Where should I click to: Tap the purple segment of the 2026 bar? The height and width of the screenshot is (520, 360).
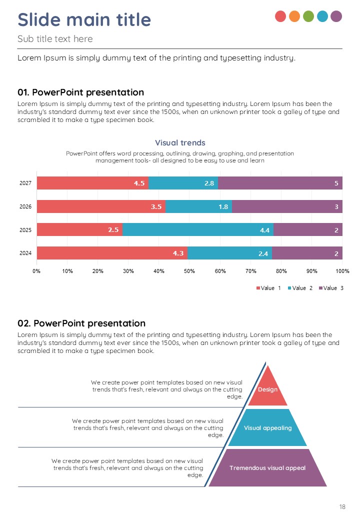pyautogui.click(x=287, y=206)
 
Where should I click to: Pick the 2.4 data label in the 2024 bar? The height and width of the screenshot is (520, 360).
pyautogui.click(x=263, y=254)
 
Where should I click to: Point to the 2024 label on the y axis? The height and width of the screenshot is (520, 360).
pyautogui.click(x=25, y=253)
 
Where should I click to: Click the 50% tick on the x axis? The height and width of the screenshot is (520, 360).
pyautogui.click(x=189, y=271)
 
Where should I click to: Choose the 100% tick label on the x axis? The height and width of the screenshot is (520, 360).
pyautogui.click(x=342, y=271)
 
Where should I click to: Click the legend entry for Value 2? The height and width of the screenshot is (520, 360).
pyautogui.click(x=300, y=288)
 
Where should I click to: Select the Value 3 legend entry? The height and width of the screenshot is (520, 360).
pyautogui.click(x=331, y=288)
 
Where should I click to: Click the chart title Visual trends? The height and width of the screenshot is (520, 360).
pyautogui.click(x=180, y=143)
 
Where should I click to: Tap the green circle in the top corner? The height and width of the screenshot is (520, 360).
pyautogui.click(x=308, y=16)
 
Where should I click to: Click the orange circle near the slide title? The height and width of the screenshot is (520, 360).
pyautogui.click(x=294, y=16)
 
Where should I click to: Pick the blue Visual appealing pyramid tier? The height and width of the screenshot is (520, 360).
pyautogui.click(x=267, y=428)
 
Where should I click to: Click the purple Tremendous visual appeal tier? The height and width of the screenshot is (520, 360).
pyautogui.click(x=267, y=468)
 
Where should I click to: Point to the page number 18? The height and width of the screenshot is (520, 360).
pyautogui.click(x=342, y=507)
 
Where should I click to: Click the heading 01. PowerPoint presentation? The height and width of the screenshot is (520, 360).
pyautogui.click(x=80, y=92)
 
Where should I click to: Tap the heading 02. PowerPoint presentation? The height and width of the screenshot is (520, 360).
pyautogui.click(x=81, y=323)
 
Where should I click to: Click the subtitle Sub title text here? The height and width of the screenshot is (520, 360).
pyautogui.click(x=55, y=39)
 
